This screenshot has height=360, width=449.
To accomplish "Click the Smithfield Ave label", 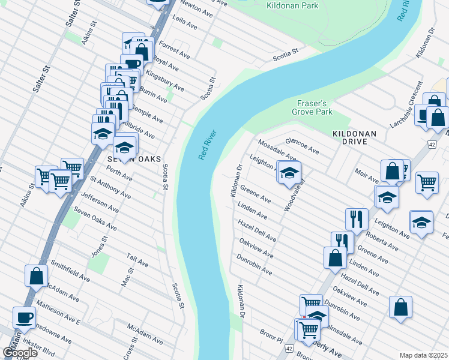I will pyautogui.click(x=69, y=271).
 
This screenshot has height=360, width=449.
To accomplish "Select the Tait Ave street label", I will pyautogui.click(x=137, y=260).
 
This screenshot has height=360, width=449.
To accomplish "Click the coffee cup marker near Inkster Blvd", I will pyautogui.click(x=24, y=317).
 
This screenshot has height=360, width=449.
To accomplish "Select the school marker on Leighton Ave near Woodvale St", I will pyautogui.click(x=289, y=173).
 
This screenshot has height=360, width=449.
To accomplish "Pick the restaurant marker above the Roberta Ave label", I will pyautogui.click(x=357, y=219).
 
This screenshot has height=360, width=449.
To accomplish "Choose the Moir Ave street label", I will pyautogui.click(x=366, y=176).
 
